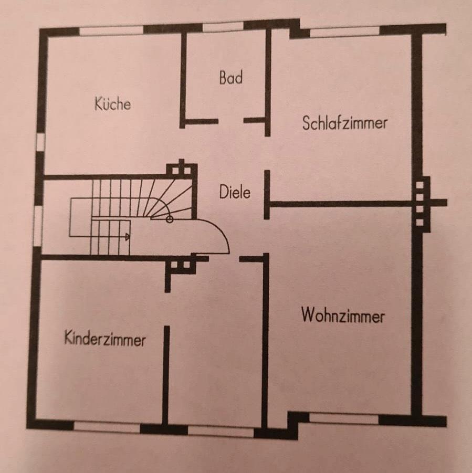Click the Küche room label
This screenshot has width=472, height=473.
coord(112,103)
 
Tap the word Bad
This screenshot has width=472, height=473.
coord(231,78)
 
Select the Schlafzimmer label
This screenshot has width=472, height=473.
coord(345,123)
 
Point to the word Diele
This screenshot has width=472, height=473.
coord(235,192)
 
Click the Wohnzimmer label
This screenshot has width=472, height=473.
coord(343,316)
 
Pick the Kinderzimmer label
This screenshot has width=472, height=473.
coord(105,339)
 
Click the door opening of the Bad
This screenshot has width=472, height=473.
coord(231,121)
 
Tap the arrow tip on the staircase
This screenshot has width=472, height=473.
coord(128,237)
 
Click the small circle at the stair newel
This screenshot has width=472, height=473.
coord(169,219)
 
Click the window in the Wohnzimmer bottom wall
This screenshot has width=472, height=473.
coord(343,418)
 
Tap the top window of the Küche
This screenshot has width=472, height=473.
coord(111,30)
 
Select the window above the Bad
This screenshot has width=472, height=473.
coord(223,27)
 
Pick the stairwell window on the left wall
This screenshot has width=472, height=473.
coord(37,226)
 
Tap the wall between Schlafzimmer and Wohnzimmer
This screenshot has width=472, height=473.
coord(341,203)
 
